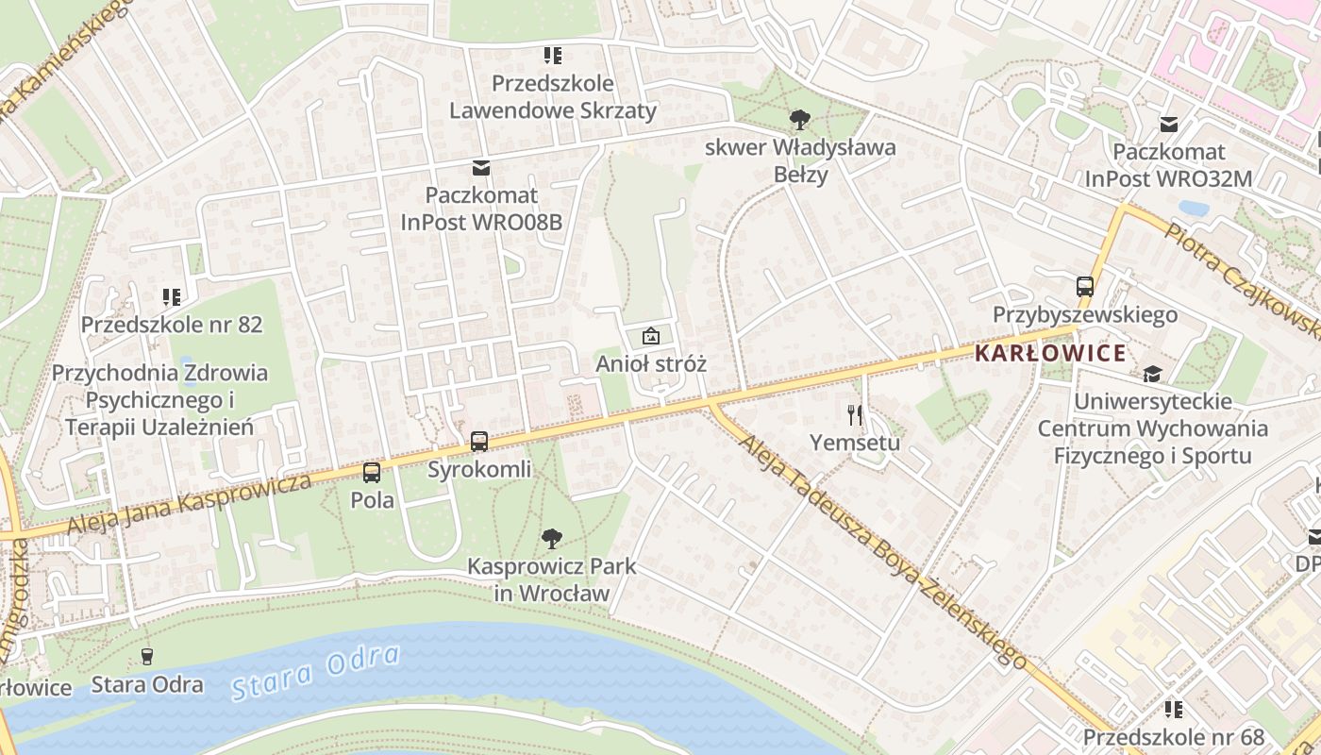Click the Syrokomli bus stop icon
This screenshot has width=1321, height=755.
pos(479,441)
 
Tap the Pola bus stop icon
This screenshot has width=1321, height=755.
pos(372,473)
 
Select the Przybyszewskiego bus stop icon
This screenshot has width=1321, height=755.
pos(1085,286)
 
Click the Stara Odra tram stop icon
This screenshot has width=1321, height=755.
pos(147,656)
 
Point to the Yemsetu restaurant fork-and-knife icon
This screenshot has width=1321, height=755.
pos(855,414)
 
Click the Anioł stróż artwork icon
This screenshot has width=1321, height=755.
pos(651,335)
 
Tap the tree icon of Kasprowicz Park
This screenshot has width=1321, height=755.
pos(552,539)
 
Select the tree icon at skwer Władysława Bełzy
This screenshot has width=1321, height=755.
pos(800,120)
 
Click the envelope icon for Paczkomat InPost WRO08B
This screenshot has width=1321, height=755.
pos(481,168)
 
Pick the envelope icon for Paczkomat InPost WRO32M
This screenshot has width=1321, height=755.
pos(1169,124)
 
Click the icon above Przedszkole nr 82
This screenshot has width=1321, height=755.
pos(171,297)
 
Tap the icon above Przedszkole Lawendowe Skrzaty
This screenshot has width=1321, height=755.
pos(552,56)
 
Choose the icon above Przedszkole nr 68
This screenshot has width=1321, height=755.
pos(1173,709)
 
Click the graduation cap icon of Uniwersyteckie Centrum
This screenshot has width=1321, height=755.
pos(1152,374)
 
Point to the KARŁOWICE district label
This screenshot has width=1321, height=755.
pos(1050,354)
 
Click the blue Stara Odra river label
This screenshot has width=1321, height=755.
pos(316,672)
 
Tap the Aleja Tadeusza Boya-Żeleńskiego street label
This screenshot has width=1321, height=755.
pos(882,552)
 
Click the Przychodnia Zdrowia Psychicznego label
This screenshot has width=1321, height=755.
pos(159,400)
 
